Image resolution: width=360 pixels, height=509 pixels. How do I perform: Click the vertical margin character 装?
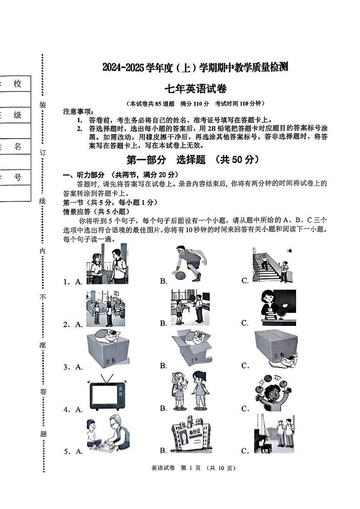coord(43,105)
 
